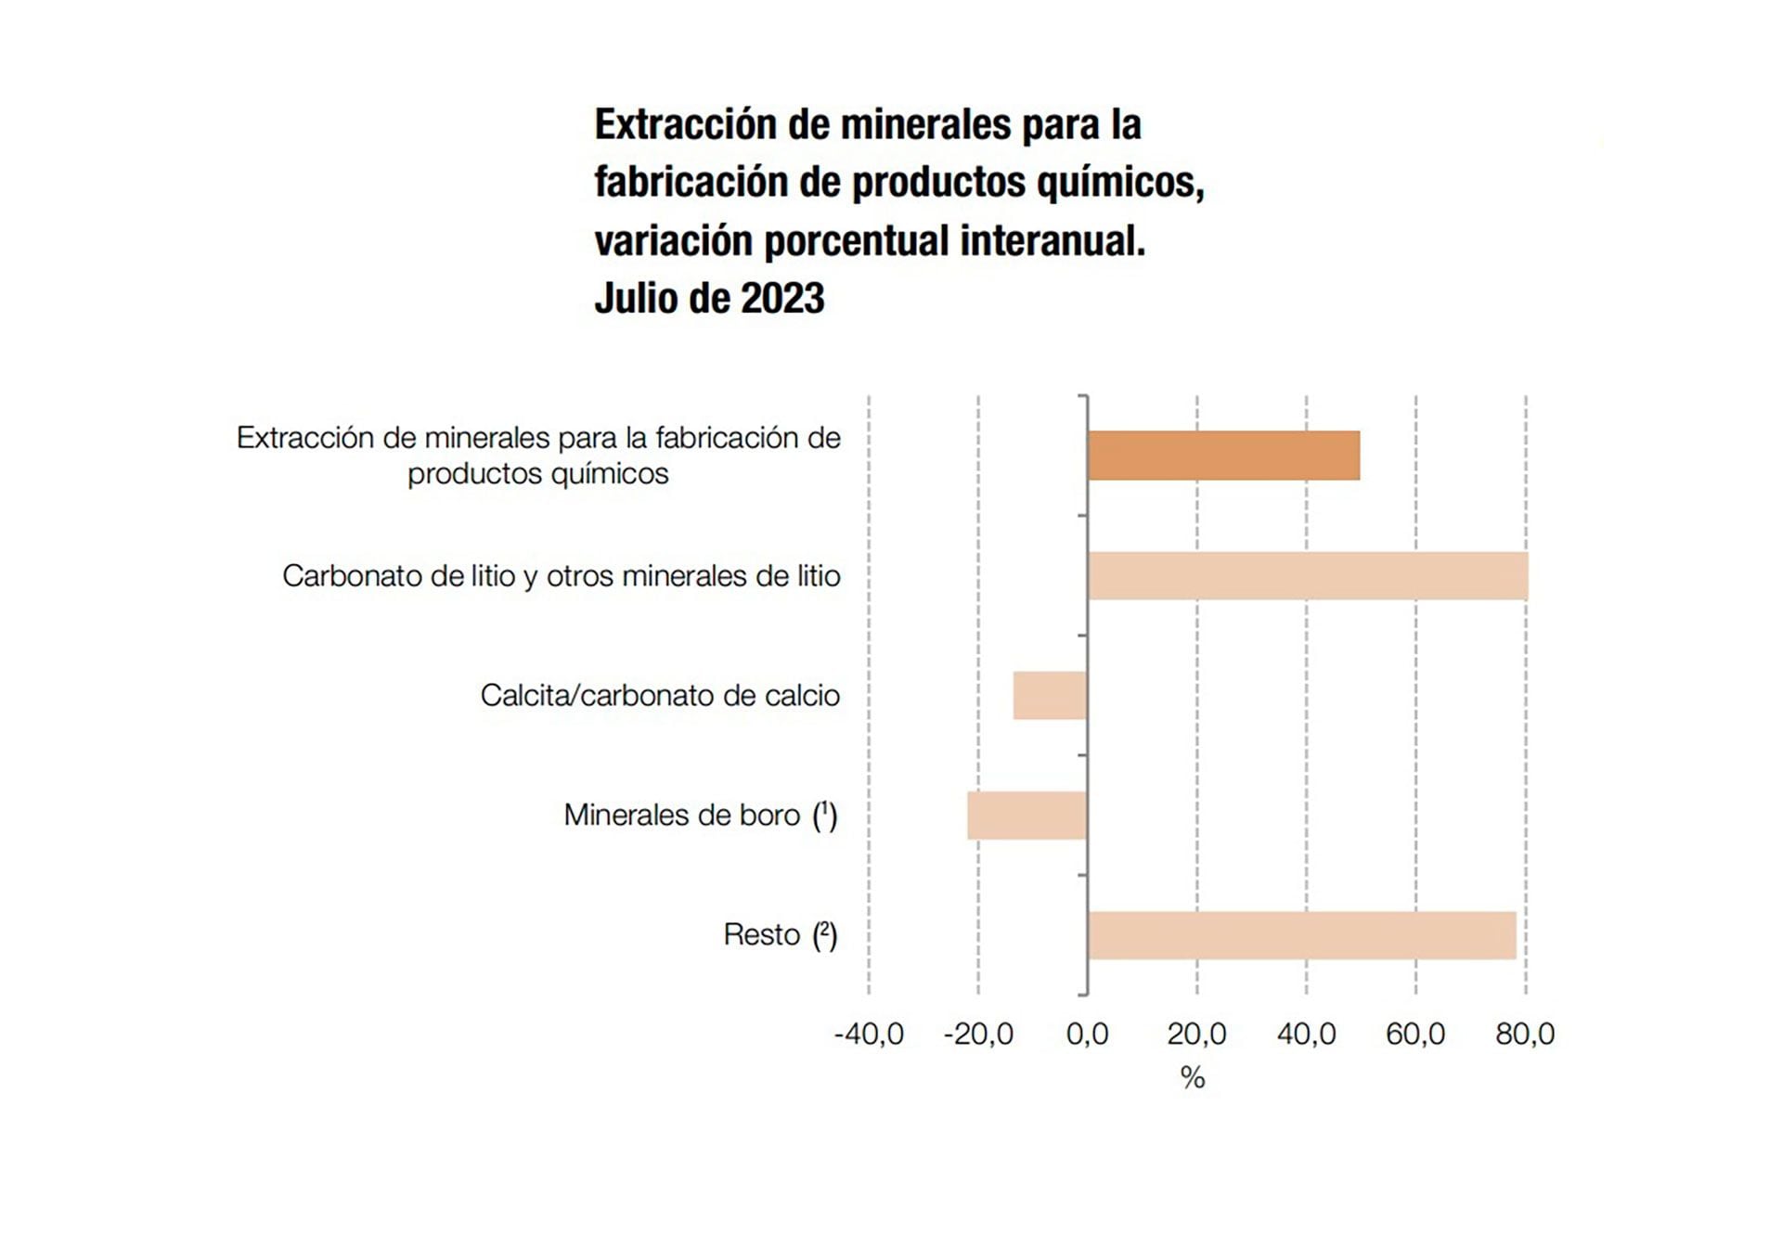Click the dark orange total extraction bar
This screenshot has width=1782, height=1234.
tap(1223, 456)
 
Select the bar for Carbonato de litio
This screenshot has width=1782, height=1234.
tap(1308, 575)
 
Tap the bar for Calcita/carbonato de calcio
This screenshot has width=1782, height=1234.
tap(1050, 695)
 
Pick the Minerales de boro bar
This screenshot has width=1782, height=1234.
tap(1027, 815)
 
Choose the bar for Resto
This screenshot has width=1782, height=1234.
tap(1302, 934)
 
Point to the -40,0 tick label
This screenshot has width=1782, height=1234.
tap(869, 1034)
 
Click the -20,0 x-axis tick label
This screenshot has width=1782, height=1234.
tap(978, 1034)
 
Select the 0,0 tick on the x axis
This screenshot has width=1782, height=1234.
tap(1087, 1034)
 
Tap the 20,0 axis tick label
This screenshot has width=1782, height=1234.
tap(1196, 1034)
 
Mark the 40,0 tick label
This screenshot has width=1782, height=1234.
tap(1306, 1034)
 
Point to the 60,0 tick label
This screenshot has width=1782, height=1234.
tap(1415, 1034)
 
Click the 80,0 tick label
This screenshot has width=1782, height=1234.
tap(1525, 1034)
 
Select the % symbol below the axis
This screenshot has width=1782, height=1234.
tap(1193, 1077)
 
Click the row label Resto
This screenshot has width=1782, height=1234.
tap(761, 934)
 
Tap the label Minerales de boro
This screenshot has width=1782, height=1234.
tap(681, 815)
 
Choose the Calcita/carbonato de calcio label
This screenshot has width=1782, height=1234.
tap(660, 695)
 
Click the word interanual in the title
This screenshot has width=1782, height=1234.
tap(1052, 241)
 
